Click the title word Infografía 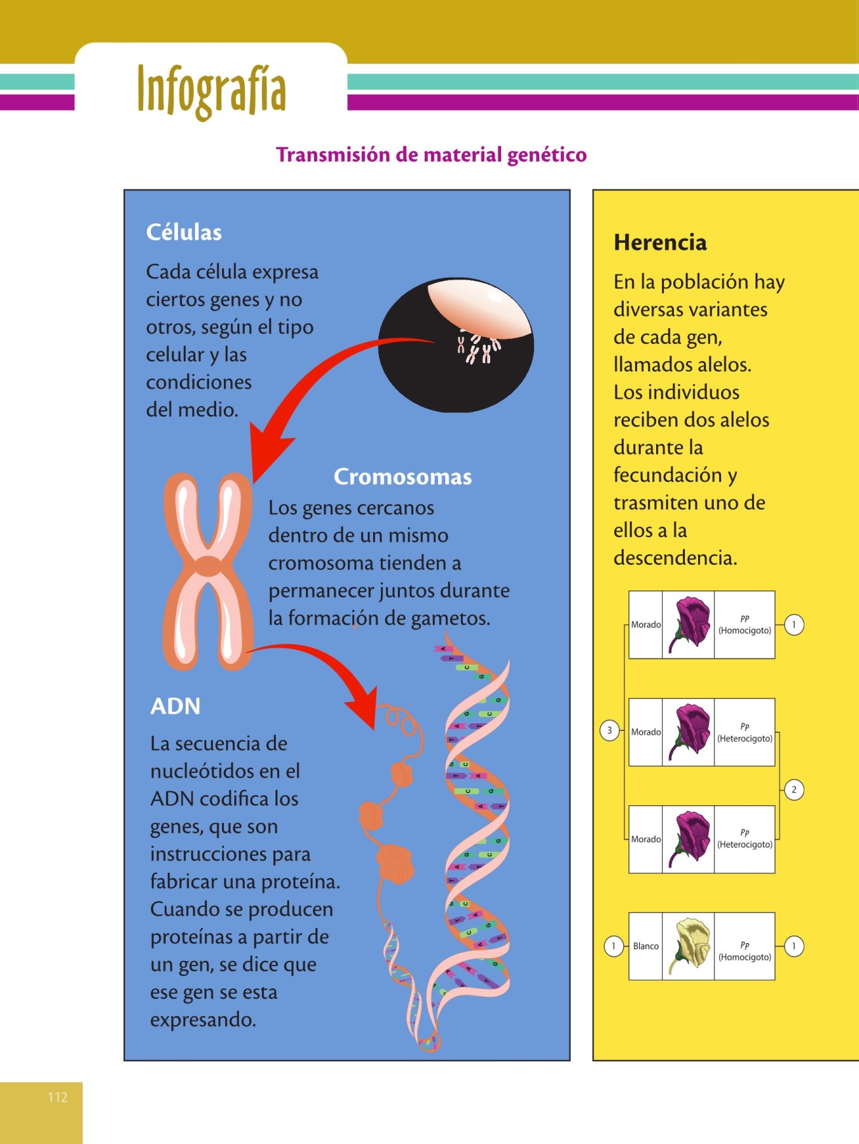tap(211, 90)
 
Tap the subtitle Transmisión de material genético tap(431, 155)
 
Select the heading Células tap(184, 233)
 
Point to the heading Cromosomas tap(402, 477)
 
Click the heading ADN tap(175, 706)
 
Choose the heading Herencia tap(660, 243)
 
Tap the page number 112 tap(57, 1097)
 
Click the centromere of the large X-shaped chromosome tap(208, 566)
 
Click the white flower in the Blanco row tap(688, 946)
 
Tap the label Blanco tap(645, 946)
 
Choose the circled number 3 tap(609, 731)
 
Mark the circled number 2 tap(794, 790)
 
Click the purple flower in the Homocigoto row tap(688, 625)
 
